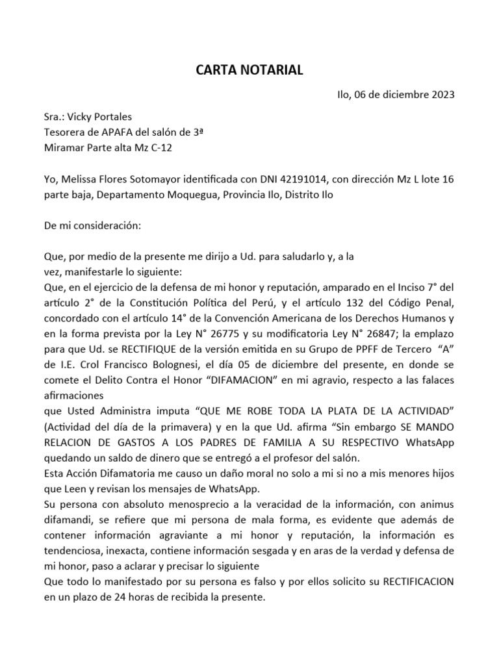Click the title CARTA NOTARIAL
click(249, 70)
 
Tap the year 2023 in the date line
click(442, 94)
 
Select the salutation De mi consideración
click(92, 226)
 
